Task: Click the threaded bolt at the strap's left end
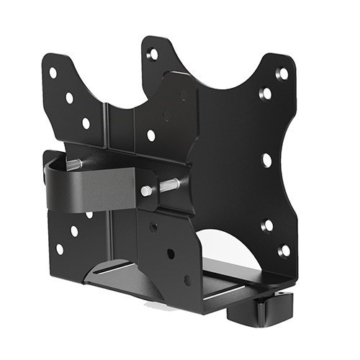[74, 165]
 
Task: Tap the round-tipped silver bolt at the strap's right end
[147, 191]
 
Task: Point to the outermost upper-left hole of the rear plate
[53, 73]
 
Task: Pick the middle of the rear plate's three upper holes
[69, 98]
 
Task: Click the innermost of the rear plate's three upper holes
[86, 123]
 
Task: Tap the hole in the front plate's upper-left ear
[153, 54]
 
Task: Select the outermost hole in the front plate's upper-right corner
[283, 73]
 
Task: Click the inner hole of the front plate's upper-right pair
[266, 94]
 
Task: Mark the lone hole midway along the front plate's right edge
[267, 159]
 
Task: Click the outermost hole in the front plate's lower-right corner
[284, 250]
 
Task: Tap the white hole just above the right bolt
[151, 135]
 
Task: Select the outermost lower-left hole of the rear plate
[59, 248]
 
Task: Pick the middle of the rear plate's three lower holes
[74, 231]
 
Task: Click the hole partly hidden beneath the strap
[89, 214]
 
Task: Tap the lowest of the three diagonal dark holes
[188, 280]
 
